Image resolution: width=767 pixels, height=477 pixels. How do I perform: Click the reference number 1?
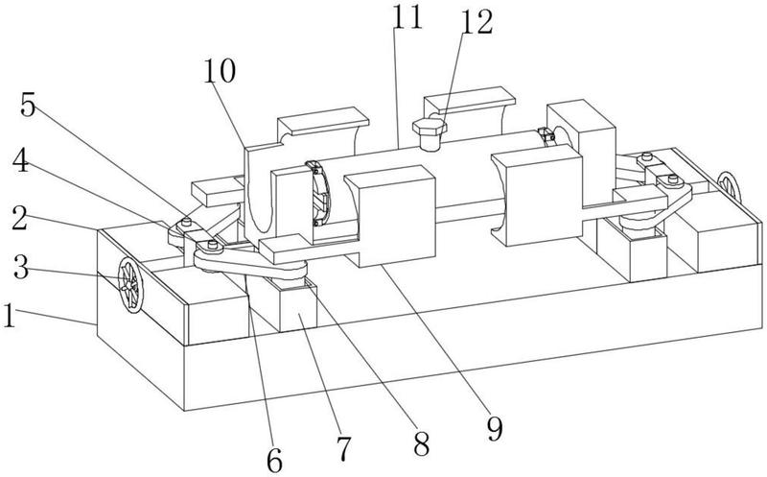click(10, 316)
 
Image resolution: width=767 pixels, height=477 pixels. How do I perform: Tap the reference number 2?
click(20, 219)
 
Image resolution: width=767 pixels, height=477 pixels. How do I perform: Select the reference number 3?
click(21, 267)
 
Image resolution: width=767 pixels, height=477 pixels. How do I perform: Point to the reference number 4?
click(20, 161)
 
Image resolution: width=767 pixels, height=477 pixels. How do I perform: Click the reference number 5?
click(28, 105)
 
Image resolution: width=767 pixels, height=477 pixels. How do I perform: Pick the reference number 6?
click(274, 460)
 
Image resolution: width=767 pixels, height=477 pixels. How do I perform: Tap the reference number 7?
click(344, 449)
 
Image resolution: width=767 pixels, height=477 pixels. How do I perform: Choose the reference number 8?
click(421, 444)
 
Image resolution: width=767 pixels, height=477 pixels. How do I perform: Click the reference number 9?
click(495, 430)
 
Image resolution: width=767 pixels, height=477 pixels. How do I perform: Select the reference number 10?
click(220, 71)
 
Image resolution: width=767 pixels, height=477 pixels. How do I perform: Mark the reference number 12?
click(476, 22)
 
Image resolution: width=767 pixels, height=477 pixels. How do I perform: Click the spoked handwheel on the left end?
click(130, 285)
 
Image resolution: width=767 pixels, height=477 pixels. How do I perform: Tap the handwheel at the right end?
click(729, 186)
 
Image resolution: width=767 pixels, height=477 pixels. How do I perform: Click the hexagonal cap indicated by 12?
click(430, 133)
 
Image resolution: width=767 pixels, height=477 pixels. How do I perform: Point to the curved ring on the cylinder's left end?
click(319, 194)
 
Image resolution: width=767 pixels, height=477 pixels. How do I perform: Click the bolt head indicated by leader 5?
click(186, 222)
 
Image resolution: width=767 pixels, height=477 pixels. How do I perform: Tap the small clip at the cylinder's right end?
click(546, 135)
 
